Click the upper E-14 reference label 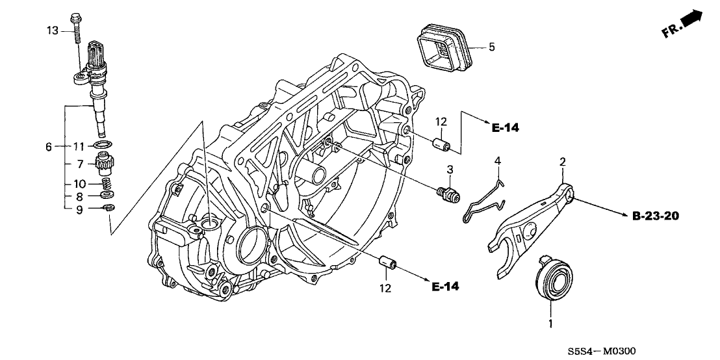tap(506, 128)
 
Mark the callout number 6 tap(49, 148)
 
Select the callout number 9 tap(79, 209)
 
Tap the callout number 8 tap(79, 196)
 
